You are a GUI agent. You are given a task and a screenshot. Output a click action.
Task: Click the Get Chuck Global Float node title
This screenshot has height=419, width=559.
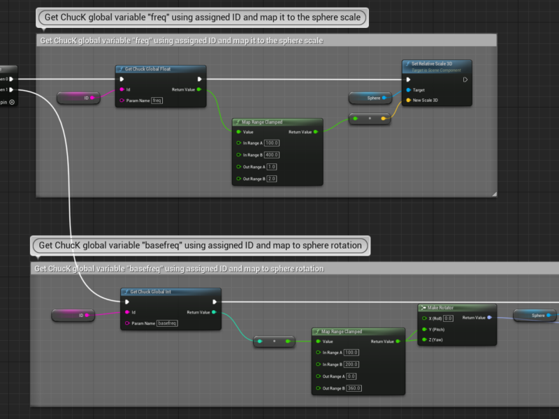148,69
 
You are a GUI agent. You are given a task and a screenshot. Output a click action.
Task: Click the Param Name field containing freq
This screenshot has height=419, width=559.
157,101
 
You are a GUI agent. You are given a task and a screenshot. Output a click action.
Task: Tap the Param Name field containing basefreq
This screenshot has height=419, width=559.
168,323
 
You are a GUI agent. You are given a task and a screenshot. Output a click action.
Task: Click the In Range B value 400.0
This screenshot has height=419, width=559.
272,155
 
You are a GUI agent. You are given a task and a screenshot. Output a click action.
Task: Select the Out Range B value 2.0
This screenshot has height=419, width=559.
272,179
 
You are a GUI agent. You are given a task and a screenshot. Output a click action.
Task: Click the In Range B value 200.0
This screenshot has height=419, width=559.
351,365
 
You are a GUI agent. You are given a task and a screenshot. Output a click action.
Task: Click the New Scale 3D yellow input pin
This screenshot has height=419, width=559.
408,101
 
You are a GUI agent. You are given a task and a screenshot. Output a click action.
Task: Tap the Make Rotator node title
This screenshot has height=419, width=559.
441,307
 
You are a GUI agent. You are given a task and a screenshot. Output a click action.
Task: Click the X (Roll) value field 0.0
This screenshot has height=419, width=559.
449,318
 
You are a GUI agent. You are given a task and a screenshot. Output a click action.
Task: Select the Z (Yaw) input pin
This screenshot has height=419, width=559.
423,340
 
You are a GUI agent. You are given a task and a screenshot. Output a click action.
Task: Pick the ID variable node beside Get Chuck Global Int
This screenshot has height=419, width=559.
76,316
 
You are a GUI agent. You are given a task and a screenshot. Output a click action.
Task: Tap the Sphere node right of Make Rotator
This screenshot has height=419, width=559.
536,316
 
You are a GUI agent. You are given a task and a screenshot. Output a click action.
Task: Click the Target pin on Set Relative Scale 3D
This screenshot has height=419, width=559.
408,90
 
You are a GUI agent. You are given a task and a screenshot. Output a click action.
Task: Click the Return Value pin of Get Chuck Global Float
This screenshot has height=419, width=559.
199,90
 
